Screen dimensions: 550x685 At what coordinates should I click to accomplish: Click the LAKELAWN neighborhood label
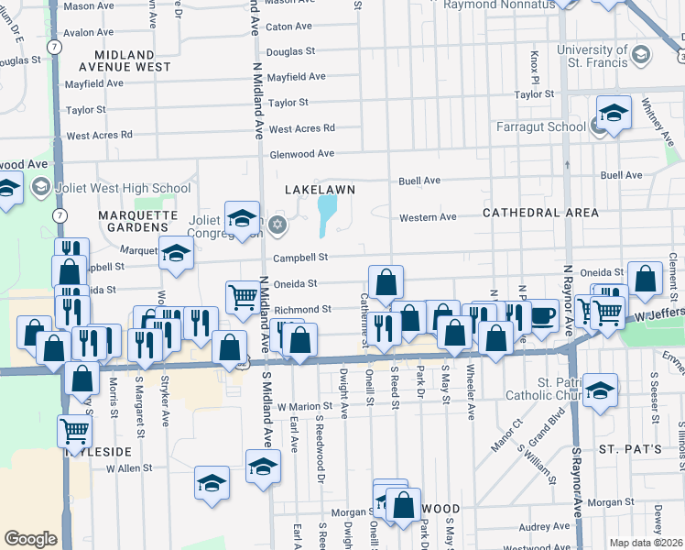pyautogui.click(x=319, y=188)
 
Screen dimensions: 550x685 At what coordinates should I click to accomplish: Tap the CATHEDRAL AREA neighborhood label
pyautogui.click(x=540, y=213)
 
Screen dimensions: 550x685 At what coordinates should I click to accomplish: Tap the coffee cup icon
pyautogui.click(x=543, y=315)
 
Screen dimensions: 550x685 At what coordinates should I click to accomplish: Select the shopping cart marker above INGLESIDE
pyautogui.click(x=74, y=430)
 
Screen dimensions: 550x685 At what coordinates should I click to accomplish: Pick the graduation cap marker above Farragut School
pyautogui.click(x=614, y=113)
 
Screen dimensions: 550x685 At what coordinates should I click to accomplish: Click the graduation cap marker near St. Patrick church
pyautogui.click(x=599, y=390)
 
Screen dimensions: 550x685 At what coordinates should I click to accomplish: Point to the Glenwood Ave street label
pyautogui.click(x=302, y=154)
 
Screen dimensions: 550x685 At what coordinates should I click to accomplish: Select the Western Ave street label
pyautogui.click(x=428, y=217)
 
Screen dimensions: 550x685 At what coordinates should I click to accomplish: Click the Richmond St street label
pyautogui.click(x=302, y=310)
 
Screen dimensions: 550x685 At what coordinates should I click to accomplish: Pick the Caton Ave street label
pyautogui.click(x=288, y=27)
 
